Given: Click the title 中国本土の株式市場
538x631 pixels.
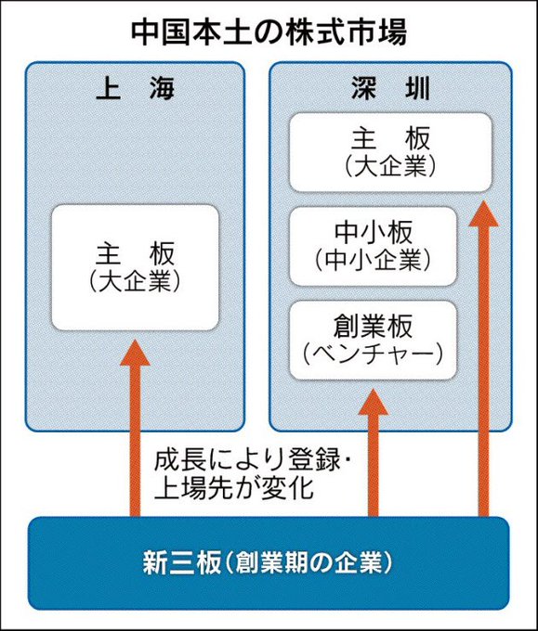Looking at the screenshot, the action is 269,32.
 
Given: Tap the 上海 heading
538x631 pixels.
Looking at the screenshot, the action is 135,88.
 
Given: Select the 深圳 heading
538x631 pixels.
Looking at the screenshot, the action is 390,88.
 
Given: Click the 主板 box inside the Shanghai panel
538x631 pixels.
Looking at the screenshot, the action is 135,267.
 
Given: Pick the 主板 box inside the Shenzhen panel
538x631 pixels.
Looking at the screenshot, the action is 390,152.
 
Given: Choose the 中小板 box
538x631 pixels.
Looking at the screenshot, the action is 373,246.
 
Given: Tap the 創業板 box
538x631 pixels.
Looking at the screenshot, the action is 373,340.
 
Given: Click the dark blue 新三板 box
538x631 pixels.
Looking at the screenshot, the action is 269,563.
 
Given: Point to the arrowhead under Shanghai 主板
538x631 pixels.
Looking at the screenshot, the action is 135,353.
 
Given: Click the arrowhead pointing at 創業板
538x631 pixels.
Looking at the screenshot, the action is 374,402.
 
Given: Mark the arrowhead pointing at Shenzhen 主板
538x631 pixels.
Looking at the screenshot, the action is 483,213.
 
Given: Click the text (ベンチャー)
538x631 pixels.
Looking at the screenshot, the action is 373,354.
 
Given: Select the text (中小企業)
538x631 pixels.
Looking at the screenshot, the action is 373,260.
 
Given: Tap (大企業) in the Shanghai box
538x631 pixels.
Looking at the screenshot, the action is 135,280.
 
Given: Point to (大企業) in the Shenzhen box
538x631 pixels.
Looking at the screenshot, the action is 390,165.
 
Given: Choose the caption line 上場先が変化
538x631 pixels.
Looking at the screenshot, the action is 234,488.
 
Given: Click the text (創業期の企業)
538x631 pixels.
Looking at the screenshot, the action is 307,562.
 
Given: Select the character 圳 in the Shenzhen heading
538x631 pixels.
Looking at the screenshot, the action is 417,88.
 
